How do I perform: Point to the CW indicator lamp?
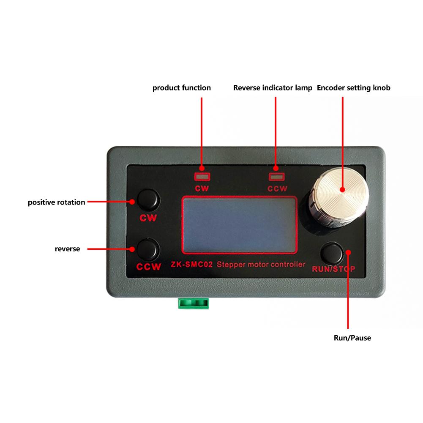pyautogui.click(x=202, y=177)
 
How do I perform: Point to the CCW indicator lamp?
pyautogui.click(x=277, y=177)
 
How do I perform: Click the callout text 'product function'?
pyautogui.click(x=181, y=88)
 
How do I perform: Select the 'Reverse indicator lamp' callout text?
pyautogui.click(x=273, y=88)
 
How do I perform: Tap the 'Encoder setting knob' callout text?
pyautogui.click(x=354, y=88)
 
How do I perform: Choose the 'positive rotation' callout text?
pyautogui.click(x=57, y=202)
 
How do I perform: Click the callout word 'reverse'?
pyautogui.click(x=67, y=249)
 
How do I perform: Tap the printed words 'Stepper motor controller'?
pyautogui.click(x=261, y=265)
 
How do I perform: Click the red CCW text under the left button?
pyautogui.click(x=149, y=267)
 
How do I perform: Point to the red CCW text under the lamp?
pyautogui.click(x=278, y=188)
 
